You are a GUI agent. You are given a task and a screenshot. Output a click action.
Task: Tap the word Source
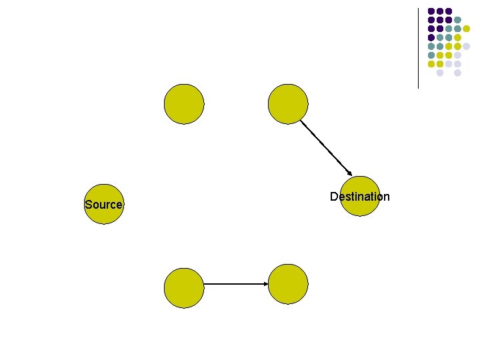pos(103,205)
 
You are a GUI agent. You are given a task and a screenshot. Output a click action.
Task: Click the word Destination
pos(359,197)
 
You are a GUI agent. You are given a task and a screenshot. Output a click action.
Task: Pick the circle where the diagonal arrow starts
pos(287,103)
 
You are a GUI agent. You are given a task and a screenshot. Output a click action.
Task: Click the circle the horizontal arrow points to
pos(287,285)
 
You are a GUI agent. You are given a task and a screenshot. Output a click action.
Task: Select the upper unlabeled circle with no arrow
pos(184,103)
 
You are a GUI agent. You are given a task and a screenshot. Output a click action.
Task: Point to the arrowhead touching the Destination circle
pos(350,174)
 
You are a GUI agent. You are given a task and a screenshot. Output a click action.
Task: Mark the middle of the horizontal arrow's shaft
pos(235,285)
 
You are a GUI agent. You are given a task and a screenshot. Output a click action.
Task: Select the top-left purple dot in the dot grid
pos(431,11)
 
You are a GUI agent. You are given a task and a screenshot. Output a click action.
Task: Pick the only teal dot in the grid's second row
pos(457,20)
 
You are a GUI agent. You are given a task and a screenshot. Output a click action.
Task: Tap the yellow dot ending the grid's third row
pos(467,29)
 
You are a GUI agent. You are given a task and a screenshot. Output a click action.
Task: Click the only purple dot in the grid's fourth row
pos(431,37)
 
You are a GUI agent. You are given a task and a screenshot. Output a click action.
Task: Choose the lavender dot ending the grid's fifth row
pos(467,46)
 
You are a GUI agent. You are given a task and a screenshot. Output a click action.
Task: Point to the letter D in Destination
pos(333,197)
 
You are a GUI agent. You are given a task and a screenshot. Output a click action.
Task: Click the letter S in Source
pos(88,205)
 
